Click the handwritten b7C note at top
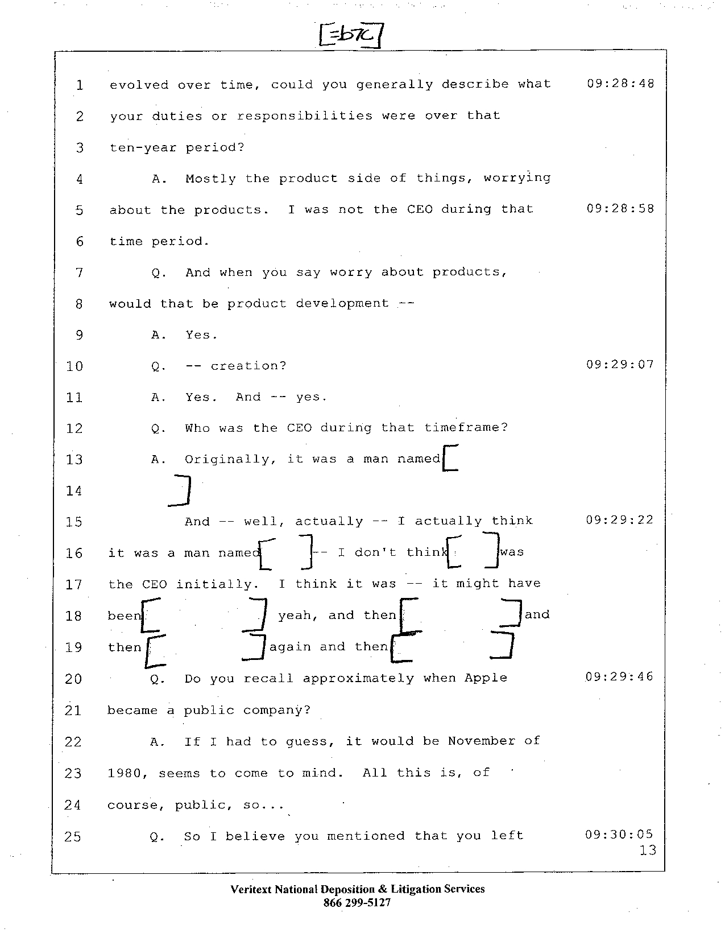tap(351, 35)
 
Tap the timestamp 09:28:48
tap(620, 83)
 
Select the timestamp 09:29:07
tap(620, 364)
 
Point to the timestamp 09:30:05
tap(619, 835)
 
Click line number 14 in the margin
tap(74, 491)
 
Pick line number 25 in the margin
tap(72, 836)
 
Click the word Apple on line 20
tap(486, 679)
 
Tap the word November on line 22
tap(482, 741)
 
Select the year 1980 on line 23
tap(125, 773)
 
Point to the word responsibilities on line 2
tap(305, 117)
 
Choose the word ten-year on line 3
tap(143, 148)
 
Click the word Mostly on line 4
tap(210, 179)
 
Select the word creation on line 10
tap(248, 366)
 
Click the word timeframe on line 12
tap(466, 428)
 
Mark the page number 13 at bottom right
tap(648, 851)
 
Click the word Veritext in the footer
tap(251, 889)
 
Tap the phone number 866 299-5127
tap(357, 902)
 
